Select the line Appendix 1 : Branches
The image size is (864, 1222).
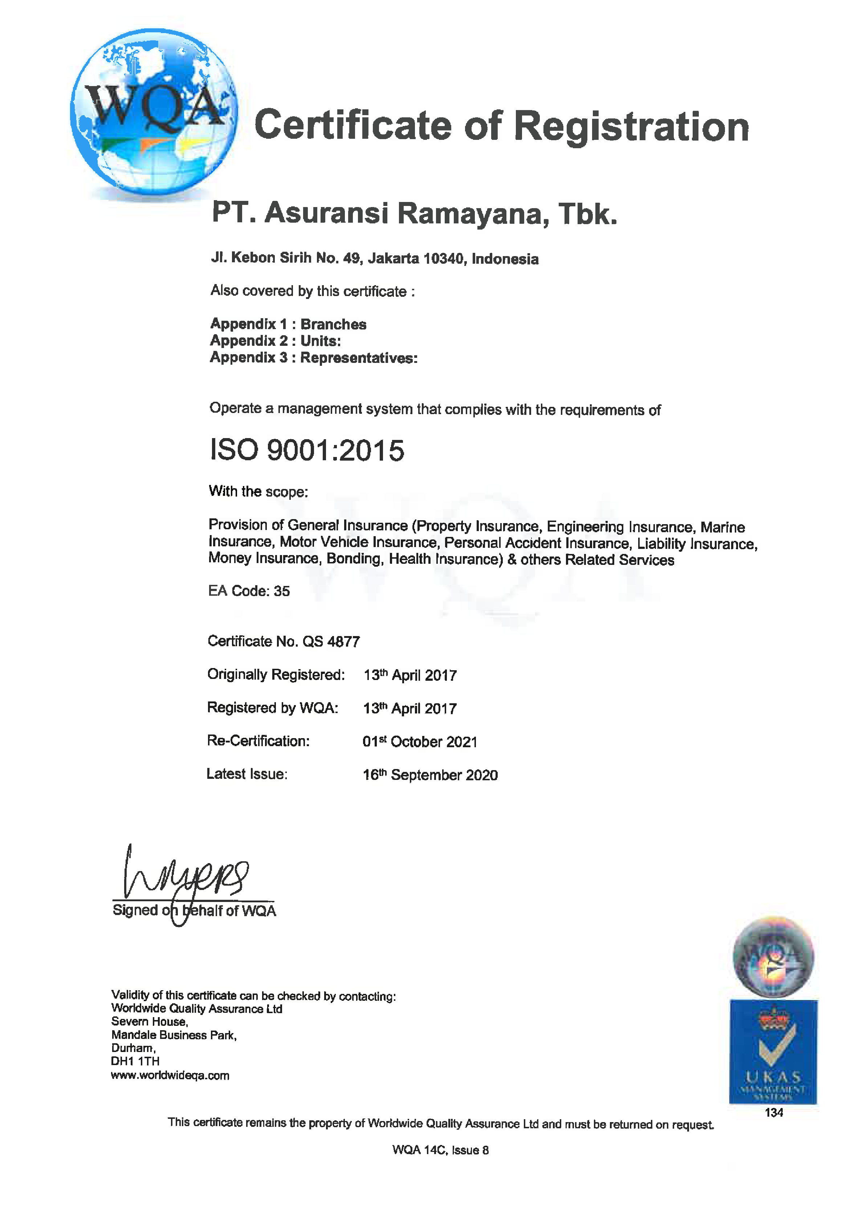288,324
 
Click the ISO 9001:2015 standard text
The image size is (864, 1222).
307,450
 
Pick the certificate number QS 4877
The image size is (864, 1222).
331,642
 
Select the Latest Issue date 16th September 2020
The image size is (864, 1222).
430,775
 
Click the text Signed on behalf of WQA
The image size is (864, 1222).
194,911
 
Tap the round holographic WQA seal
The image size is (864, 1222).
773,957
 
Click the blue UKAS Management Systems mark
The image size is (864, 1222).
773,1052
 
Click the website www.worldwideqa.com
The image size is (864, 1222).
170,1075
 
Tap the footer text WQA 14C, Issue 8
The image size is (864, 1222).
440,1150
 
